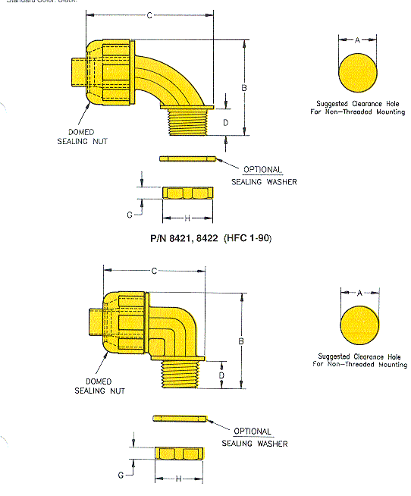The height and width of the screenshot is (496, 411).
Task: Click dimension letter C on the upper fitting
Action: coord(149,14)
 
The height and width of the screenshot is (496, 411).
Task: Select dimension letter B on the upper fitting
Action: coord(243,88)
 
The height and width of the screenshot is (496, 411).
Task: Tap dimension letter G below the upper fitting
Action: coord(130,215)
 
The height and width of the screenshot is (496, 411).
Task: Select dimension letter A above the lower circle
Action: coord(360,291)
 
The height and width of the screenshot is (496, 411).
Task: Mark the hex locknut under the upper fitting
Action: coord(187,193)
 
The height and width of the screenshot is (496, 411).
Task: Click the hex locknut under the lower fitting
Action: coord(179,454)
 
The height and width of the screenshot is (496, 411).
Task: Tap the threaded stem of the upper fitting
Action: coord(188,122)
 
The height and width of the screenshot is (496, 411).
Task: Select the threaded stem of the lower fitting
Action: coord(180,372)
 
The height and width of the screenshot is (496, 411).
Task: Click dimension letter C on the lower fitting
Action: coord(154,271)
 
